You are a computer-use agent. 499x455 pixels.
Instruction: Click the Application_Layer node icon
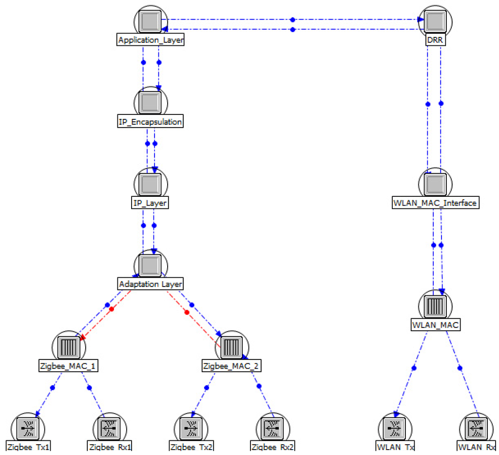coord(150,20)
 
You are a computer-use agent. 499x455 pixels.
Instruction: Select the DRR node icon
coord(435,20)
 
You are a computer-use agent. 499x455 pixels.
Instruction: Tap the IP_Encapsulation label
coord(150,122)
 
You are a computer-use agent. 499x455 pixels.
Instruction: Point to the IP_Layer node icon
coord(150,184)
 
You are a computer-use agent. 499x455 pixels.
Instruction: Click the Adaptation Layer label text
coord(150,284)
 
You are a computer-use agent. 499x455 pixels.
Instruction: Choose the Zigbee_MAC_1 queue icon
coord(68,347)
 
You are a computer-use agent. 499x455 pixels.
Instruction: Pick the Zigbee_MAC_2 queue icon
coord(232,347)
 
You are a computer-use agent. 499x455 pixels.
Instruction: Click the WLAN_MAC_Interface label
coord(435,203)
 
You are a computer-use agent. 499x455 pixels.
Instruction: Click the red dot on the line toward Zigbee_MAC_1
coord(111,309)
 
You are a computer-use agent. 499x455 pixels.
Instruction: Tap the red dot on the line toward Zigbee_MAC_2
coord(187,312)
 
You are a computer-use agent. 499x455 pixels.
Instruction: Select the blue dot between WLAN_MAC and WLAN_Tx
coord(414,368)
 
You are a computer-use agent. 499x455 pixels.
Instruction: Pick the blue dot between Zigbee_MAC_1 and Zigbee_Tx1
coord(53,388)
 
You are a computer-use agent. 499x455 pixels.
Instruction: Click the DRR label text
coord(435,40)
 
